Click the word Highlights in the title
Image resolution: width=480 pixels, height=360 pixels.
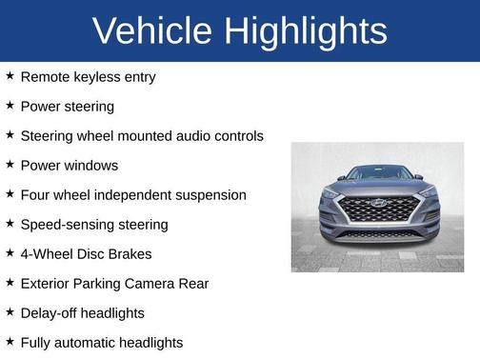click(308, 31)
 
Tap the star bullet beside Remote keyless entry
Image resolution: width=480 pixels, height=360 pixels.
click(10, 75)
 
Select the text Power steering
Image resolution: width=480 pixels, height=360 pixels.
click(67, 106)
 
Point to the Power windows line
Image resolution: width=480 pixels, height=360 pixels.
click(69, 165)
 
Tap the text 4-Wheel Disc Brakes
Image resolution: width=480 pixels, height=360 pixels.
click(86, 253)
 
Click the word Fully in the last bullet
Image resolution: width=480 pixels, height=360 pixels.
click(37, 342)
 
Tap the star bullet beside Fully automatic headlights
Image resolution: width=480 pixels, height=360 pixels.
click(10, 341)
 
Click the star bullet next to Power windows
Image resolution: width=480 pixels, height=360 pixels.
click(10, 164)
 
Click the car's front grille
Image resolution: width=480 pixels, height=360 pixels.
click(379, 210)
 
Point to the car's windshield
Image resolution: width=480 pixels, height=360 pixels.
click(379, 172)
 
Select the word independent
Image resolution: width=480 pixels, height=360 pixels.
click(139, 194)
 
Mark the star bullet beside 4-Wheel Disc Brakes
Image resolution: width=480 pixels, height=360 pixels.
click(10, 252)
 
